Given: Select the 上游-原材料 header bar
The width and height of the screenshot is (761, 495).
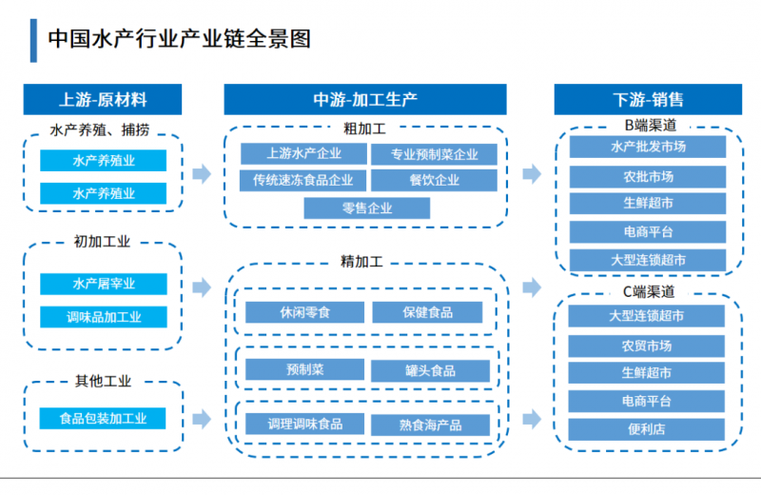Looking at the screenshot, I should click(103, 100).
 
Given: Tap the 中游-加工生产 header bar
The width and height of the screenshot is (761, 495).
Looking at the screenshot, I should click(365, 100).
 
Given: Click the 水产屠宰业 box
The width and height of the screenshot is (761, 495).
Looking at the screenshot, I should click(103, 284).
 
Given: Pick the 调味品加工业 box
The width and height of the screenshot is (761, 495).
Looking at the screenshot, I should click(103, 317).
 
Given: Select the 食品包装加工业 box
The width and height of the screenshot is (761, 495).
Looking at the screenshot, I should click(103, 418).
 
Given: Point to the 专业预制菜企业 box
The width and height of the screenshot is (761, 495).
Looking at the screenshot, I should click(433, 154).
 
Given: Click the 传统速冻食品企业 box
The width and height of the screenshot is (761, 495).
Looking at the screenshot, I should click(302, 179).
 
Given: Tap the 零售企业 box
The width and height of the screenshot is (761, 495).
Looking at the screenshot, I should click(366, 208).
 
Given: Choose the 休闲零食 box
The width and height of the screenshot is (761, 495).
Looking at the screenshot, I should click(303, 312).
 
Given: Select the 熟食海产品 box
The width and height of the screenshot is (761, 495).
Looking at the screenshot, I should click(430, 425).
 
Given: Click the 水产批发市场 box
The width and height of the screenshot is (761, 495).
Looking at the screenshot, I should click(647, 147).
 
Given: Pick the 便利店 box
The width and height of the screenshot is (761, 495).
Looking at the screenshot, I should click(647, 428).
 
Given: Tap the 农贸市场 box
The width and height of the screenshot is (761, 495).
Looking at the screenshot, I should click(647, 345).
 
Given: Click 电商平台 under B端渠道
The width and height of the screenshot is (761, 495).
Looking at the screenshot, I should click(647, 231).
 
